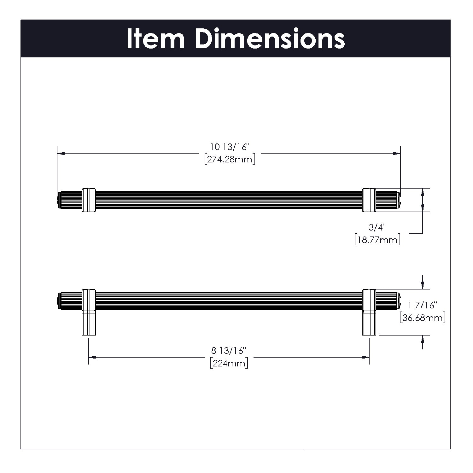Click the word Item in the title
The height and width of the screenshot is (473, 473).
point(155,39)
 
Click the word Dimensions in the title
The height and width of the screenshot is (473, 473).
point(270,39)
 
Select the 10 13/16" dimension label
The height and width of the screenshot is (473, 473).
point(230,147)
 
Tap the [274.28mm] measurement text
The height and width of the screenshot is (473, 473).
point(230,159)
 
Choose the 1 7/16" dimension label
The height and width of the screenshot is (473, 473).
point(422,305)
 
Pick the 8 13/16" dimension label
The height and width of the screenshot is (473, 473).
point(229,351)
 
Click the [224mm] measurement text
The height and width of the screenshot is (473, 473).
point(229,363)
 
